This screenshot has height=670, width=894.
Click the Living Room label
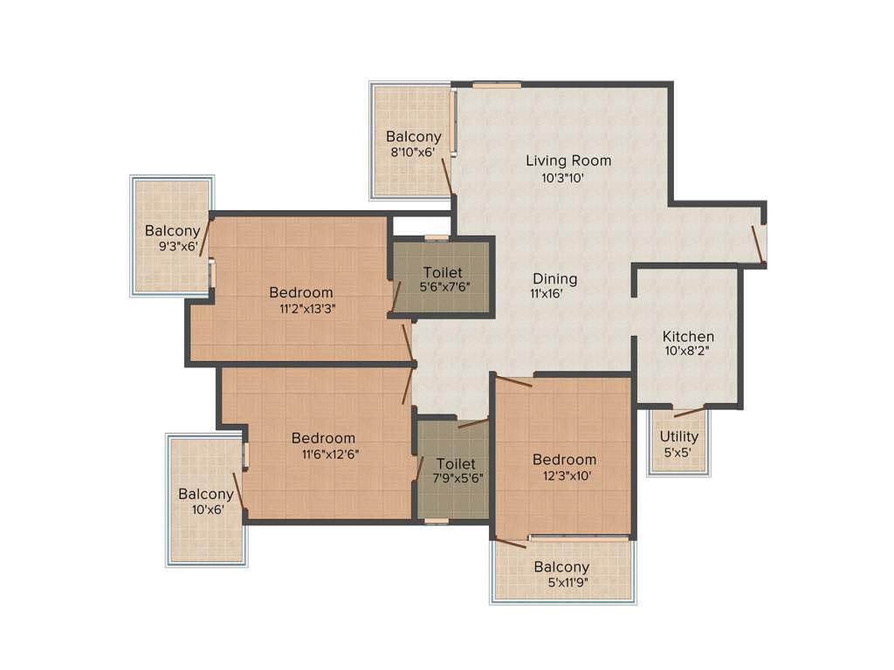(x=567, y=161)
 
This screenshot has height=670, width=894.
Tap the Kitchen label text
(x=688, y=337)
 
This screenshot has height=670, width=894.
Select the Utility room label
(x=678, y=437)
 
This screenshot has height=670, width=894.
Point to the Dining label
(x=555, y=279)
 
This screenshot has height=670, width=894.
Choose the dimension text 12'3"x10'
(x=565, y=475)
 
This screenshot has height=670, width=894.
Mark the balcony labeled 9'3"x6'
(x=172, y=238)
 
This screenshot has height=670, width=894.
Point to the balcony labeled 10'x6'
(x=206, y=502)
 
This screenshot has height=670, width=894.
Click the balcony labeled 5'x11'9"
(x=561, y=575)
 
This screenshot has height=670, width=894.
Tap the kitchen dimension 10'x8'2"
(x=688, y=352)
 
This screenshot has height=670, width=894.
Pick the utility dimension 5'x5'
(x=678, y=453)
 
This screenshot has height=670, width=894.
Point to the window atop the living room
(x=497, y=85)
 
